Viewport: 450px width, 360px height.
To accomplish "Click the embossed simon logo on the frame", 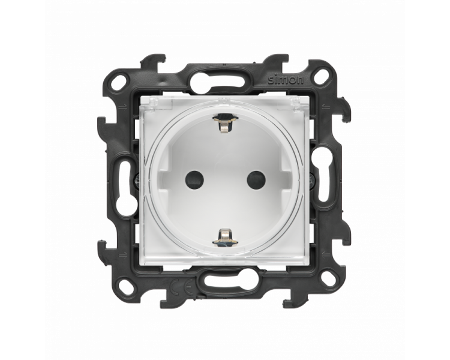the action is point(285,80).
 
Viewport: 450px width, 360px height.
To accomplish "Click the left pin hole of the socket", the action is point(194,179).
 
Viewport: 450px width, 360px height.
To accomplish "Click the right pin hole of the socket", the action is point(256,179).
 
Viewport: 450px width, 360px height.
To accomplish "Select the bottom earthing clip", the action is point(225,236).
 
